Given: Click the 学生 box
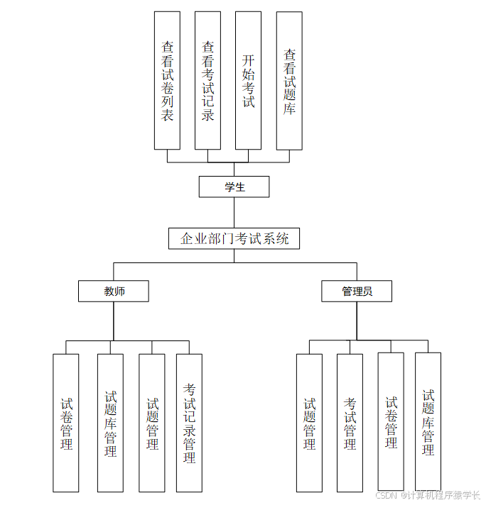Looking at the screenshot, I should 234,187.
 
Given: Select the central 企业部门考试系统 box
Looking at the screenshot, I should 234,238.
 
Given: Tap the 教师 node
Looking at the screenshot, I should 114,292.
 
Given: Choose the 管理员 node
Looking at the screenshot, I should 357,292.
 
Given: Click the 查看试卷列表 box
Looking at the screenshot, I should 167,80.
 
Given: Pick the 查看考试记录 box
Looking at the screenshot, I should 207,80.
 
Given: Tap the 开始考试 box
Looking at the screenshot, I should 248,80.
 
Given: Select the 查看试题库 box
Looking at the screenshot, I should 289,80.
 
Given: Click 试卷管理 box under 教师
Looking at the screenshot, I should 66,423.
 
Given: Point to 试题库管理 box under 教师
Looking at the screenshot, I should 110,423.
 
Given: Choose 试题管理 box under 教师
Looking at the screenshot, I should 152,423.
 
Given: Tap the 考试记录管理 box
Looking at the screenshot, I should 189,423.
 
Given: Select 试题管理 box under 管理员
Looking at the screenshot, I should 309,423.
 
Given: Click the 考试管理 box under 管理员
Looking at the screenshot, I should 350,423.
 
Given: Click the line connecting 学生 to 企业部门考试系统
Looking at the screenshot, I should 234,213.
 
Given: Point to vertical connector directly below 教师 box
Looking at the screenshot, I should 114,321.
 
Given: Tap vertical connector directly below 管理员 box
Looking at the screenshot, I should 357,321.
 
